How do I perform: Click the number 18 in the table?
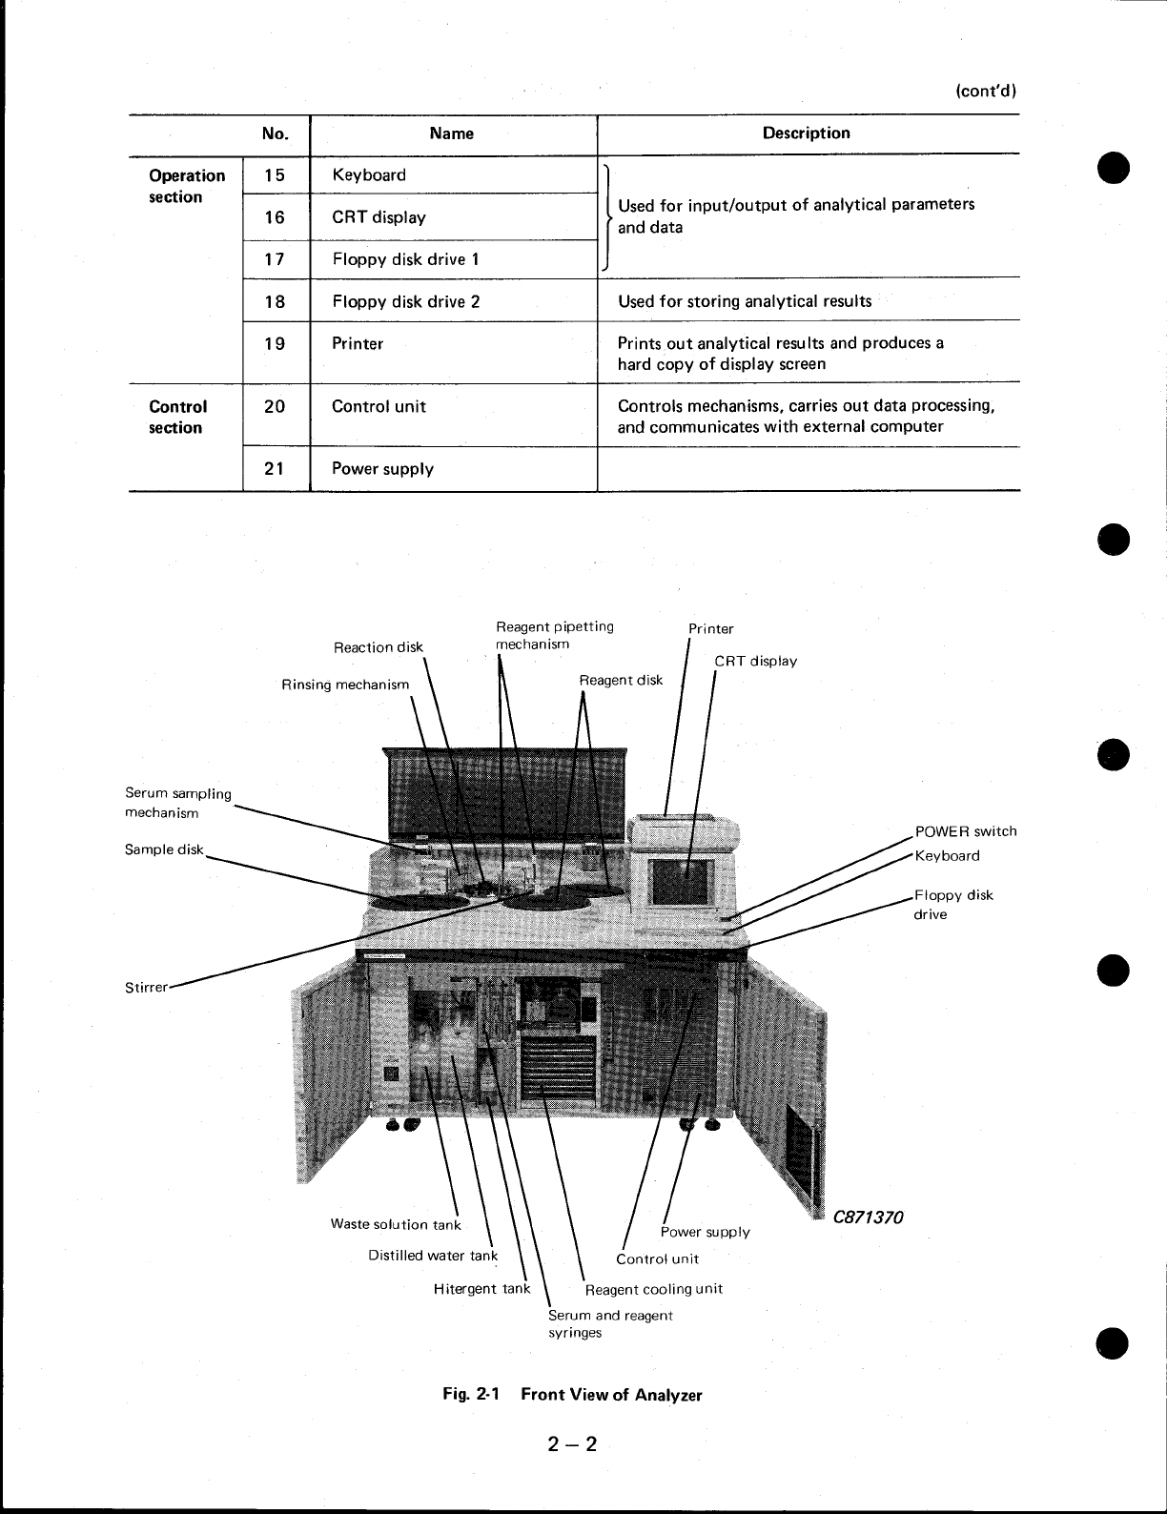coord(275,301)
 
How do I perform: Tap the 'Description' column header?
coord(806,133)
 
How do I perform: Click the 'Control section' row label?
coord(177,417)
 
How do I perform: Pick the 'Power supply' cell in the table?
coord(382,469)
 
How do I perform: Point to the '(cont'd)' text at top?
coord(986,92)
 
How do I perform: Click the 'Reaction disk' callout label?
coord(378,647)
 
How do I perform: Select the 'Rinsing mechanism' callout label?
coord(345,685)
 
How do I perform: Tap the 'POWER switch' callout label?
coord(965,831)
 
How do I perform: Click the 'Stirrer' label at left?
coord(146,987)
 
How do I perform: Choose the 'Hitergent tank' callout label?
coord(481,1289)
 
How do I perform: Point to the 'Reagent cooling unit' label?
coord(653,1289)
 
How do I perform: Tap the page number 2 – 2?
coord(572,1444)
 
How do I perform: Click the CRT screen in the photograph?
coord(682,882)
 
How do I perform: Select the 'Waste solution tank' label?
coord(396,1224)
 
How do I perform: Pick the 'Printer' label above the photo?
coord(711,628)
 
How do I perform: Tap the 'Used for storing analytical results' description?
coord(744,301)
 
